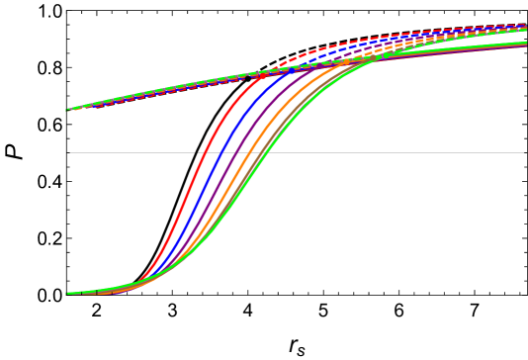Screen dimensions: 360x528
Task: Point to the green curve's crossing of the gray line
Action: click(260, 152)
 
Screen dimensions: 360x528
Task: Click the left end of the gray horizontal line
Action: click(70, 152)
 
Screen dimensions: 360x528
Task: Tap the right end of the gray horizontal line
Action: click(523, 152)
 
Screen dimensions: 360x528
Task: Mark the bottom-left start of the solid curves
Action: click(68, 293)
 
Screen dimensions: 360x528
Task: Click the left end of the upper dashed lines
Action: click(68, 110)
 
